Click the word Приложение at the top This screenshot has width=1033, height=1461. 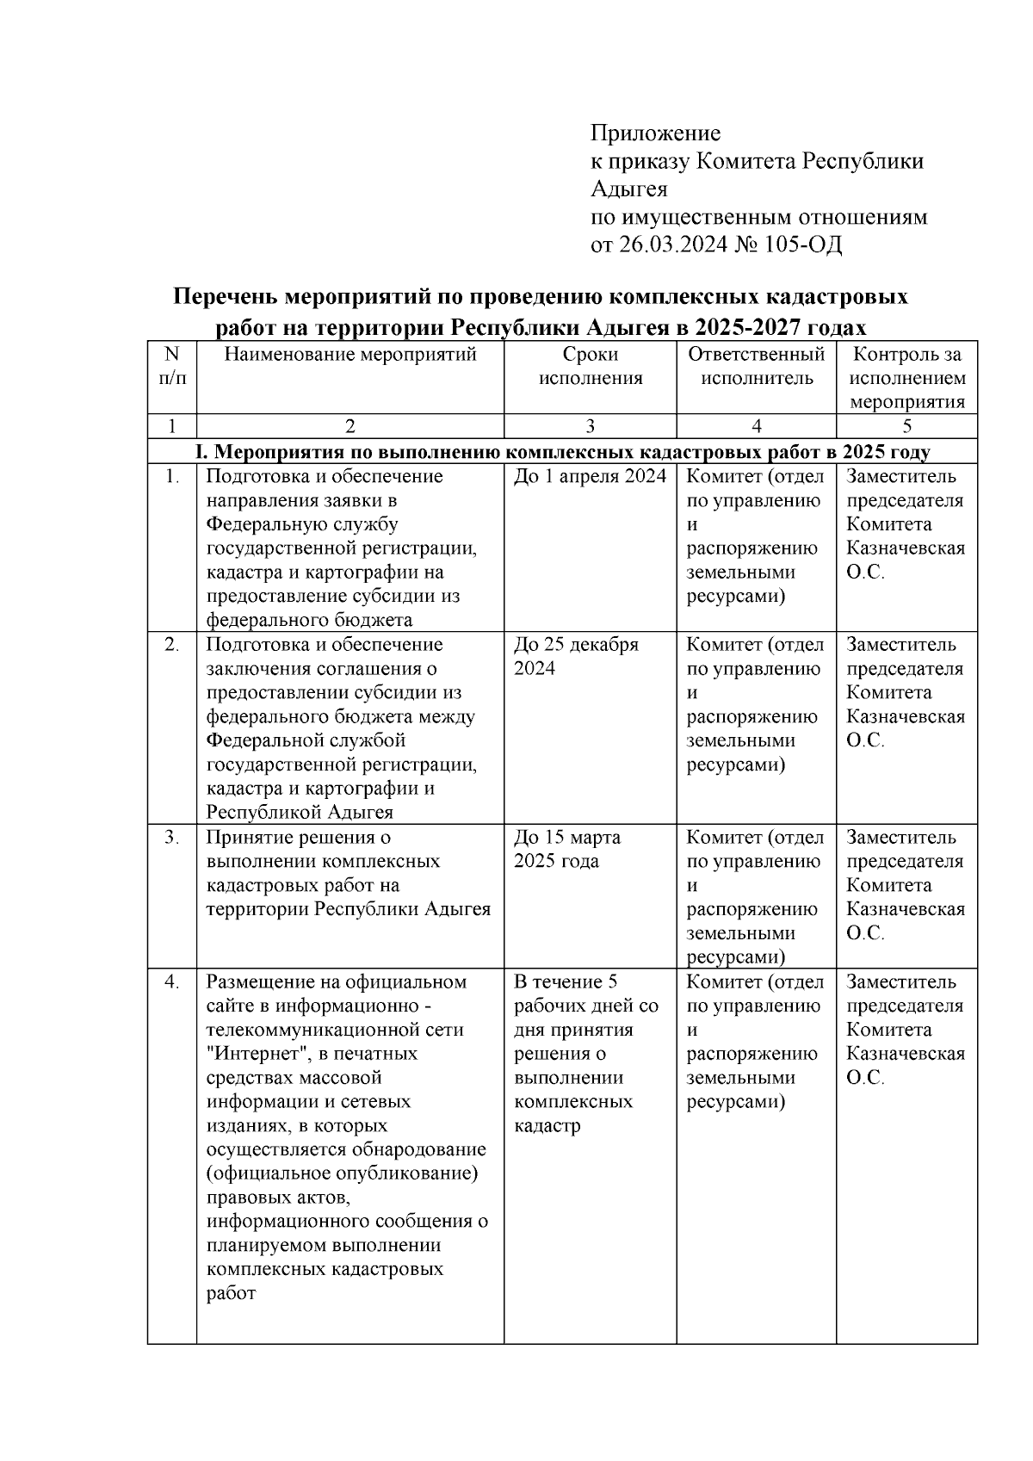click(x=655, y=133)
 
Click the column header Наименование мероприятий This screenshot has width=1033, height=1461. click(x=350, y=355)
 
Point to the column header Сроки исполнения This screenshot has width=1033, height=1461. click(x=591, y=367)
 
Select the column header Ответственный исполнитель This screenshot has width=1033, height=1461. click(x=757, y=367)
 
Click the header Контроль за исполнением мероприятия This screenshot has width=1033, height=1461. click(x=907, y=378)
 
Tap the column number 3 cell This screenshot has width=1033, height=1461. click(x=591, y=425)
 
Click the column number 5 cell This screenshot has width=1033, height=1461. click(x=907, y=425)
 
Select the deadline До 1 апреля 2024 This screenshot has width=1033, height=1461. click(x=590, y=477)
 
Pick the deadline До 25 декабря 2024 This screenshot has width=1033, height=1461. click(x=576, y=657)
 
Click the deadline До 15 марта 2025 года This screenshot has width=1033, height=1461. click(x=567, y=850)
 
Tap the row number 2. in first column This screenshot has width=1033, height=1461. click(x=172, y=645)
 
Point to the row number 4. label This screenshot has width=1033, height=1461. click(x=172, y=982)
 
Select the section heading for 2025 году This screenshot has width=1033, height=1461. click(x=563, y=452)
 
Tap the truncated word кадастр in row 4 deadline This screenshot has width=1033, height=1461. click(x=547, y=1126)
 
